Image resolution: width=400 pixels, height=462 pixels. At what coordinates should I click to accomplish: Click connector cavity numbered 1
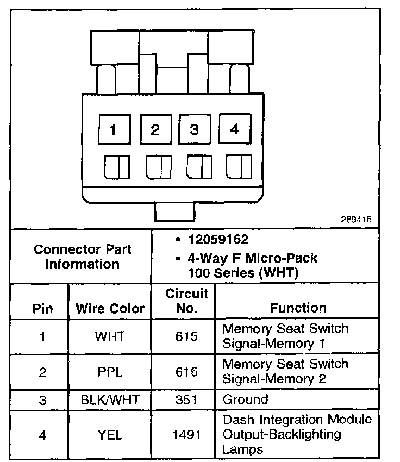[x=113, y=130]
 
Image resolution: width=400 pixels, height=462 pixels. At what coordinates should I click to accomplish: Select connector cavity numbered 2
[x=155, y=130]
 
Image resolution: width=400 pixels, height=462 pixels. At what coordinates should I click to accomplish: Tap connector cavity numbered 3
[x=194, y=130]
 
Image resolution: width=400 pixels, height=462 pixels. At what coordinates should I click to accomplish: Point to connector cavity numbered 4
[x=234, y=129]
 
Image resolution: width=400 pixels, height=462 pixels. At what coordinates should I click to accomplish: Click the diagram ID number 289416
[x=355, y=220]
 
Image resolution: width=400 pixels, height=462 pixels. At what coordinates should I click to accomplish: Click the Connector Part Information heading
[x=82, y=257]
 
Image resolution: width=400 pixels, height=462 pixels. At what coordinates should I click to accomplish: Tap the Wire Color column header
[x=110, y=309]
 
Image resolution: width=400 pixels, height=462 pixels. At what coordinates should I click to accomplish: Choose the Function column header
[x=298, y=308]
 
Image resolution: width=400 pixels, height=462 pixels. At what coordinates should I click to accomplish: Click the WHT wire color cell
[x=110, y=336]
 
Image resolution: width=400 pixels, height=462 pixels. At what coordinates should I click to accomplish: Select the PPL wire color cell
[x=110, y=372]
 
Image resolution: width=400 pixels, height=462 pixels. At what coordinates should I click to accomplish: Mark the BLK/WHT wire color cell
[x=110, y=401]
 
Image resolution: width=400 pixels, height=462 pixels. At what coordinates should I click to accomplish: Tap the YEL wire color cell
[x=110, y=434]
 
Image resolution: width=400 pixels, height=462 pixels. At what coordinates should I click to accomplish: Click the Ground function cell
[x=245, y=400]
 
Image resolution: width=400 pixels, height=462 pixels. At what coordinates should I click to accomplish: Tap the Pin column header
[x=43, y=309]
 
